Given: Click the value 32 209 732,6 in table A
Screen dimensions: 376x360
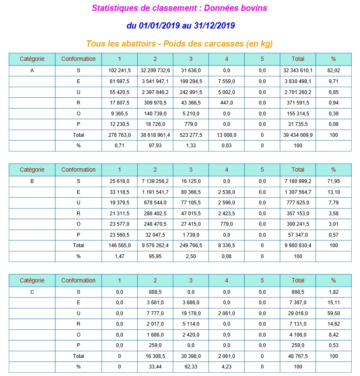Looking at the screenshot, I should (x=155, y=70).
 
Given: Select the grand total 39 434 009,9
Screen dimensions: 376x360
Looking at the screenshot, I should (x=298, y=135).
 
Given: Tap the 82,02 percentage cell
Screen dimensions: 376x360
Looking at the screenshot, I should (x=334, y=70).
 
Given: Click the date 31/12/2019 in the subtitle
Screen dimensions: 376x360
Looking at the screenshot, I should (x=214, y=26).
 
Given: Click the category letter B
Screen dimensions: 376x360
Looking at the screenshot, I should (x=32, y=181).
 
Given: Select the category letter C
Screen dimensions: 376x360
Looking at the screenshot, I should (x=32, y=292).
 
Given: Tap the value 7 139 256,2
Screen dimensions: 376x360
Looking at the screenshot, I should (x=155, y=181).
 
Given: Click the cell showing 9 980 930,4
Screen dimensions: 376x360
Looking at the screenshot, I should (x=298, y=245).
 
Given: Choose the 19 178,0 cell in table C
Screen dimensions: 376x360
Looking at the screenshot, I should (x=191, y=313).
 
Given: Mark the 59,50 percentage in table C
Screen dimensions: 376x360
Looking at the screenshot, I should (x=334, y=313).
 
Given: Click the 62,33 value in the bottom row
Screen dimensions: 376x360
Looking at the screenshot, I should (x=191, y=367).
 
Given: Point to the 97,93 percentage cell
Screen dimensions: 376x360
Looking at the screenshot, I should (x=155, y=146).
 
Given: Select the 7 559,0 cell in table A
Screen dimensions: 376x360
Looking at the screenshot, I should (x=227, y=81).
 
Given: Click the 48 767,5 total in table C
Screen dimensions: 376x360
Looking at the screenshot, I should (x=298, y=356).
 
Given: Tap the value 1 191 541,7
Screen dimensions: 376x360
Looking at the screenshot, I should (x=155, y=192).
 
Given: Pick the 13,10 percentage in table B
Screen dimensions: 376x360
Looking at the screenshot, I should (x=334, y=192).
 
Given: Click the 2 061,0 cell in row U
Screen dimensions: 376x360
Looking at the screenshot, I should (x=227, y=313).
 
